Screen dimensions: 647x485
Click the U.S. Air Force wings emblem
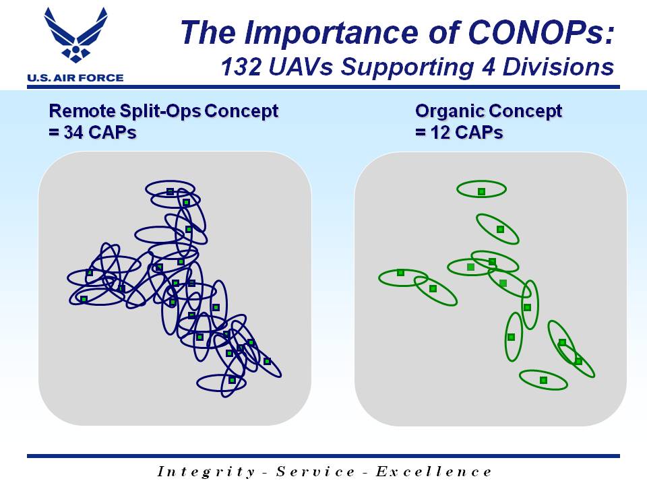[x=75, y=34]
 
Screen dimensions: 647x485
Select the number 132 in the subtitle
[x=241, y=67]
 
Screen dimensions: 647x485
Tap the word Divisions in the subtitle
[x=558, y=67]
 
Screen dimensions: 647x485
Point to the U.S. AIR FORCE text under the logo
[x=75, y=77]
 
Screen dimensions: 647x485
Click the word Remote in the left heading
[x=82, y=111]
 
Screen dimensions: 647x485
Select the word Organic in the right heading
[x=450, y=111]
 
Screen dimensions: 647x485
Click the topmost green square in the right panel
[x=481, y=192]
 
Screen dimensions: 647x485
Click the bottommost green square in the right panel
[x=543, y=380]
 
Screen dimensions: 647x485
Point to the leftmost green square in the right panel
[x=400, y=273]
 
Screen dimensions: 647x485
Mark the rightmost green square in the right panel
[x=578, y=361]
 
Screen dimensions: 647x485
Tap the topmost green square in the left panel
[x=170, y=191]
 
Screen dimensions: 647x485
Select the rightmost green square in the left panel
[x=267, y=361]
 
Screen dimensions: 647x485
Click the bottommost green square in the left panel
[x=233, y=380]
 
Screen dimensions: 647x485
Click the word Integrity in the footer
[x=206, y=472]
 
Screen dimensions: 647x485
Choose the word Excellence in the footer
[x=433, y=471]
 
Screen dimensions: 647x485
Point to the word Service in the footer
[x=315, y=471]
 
